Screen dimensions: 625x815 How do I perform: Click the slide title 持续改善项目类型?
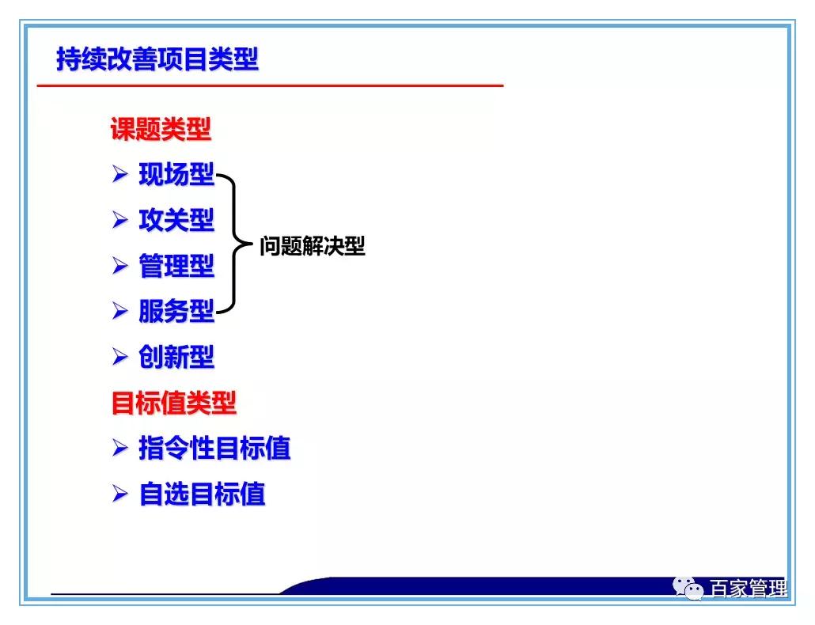(x=157, y=59)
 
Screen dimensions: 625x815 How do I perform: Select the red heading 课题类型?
(x=161, y=129)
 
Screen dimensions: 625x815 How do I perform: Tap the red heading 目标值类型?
(x=173, y=403)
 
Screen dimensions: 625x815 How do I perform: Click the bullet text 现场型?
(x=176, y=174)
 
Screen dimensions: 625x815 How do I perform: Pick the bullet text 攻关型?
(x=176, y=220)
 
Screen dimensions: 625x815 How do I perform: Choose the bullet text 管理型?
(x=176, y=266)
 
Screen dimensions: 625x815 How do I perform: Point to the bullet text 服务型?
(x=176, y=312)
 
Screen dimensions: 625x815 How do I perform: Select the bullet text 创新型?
(x=176, y=358)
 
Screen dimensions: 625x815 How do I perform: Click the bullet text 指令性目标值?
(x=214, y=449)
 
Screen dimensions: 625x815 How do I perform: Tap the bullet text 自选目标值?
(x=202, y=494)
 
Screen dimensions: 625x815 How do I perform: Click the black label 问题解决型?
(x=313, y=246)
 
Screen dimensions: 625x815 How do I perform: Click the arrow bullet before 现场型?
(x=119, y=174)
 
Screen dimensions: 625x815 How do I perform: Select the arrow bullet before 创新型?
(x=119, y=358)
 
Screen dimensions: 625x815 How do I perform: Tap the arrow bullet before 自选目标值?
(x=119, y=494)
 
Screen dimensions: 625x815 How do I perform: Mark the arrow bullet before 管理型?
(x=119, y=266)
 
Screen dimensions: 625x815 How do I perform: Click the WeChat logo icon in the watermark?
(x=688, y=589)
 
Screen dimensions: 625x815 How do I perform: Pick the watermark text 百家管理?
(x=748, y=589)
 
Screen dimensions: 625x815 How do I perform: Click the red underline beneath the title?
(x=270, y=85)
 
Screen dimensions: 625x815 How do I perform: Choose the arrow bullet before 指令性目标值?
(x=119, y=449)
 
